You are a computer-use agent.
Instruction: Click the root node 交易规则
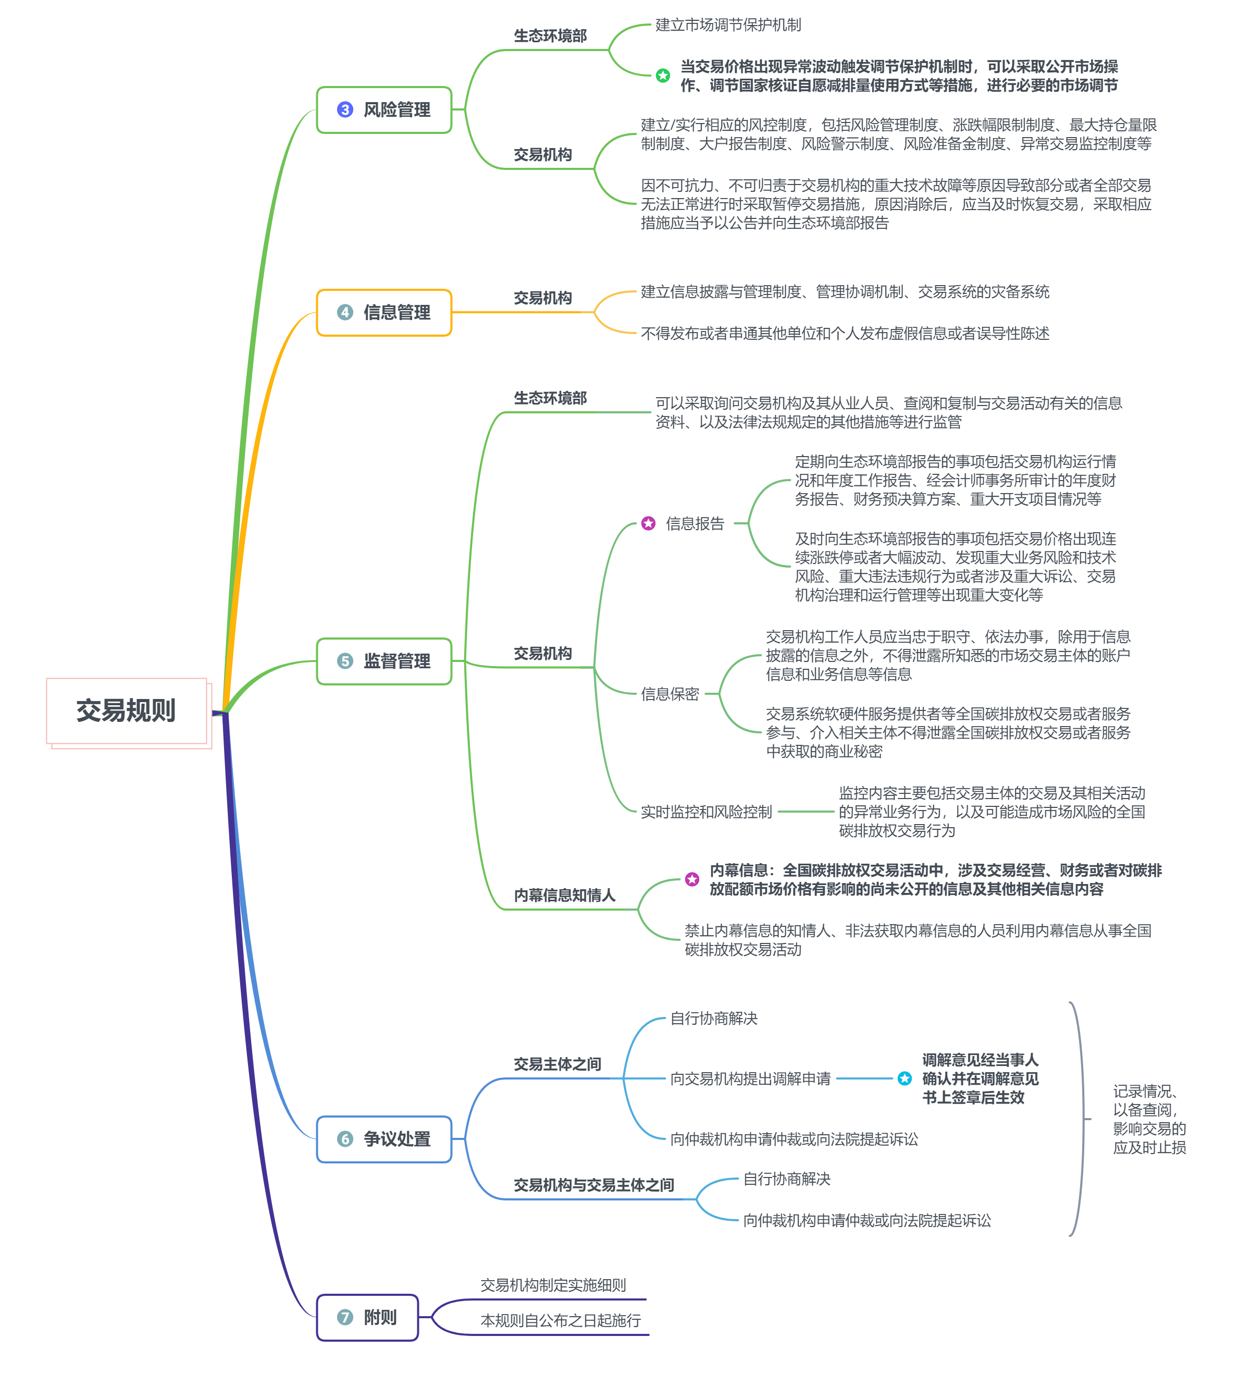[x=127, y=711]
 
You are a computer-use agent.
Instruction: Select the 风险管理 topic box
[x=384, y=110]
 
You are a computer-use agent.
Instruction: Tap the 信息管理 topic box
[x=384, y=313]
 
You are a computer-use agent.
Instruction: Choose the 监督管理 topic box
[x=384, y=661]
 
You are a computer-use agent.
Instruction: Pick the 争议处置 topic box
[x=384, y=1139]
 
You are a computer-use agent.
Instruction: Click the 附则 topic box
[x=368, y=1317]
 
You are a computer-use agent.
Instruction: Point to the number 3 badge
[x=345, y=110]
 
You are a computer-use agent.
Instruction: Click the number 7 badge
[x=345, y=1317]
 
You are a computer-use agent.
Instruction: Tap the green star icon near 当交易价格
[x=663, y=76]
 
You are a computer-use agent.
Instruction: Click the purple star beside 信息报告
[x=648, y=523]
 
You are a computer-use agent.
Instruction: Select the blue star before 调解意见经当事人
[x=905, y=1078]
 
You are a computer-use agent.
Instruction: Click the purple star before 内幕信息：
[x=692, y=879]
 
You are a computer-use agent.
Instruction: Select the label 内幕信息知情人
[x=564, y=895]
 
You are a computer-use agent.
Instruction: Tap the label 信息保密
[x=670, y=694]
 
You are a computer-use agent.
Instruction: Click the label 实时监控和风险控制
[x=707, y=812]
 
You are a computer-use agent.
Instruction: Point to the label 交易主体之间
[x=558, y=1064]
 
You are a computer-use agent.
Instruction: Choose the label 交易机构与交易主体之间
[x=594, y=1185]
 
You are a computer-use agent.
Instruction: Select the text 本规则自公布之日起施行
[x=561, y=1321]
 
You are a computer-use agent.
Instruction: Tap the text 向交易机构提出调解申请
[x=751, y=1078]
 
